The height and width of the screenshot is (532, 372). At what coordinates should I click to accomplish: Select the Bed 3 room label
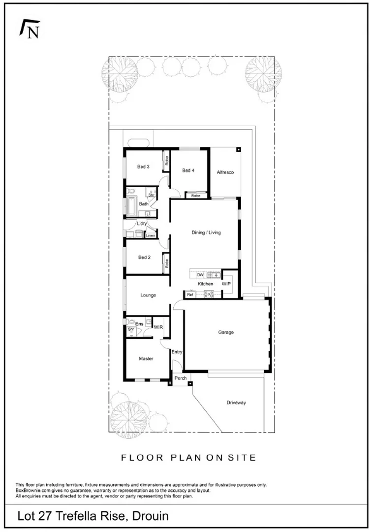tap(143, 167)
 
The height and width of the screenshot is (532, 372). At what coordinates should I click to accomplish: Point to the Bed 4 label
tap(188, 170)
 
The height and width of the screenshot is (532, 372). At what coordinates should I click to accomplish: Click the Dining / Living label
tap(206, 233)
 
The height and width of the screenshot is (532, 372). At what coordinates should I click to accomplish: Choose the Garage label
tap(226, 332)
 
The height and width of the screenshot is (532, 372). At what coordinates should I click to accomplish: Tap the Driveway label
tap(236, 402)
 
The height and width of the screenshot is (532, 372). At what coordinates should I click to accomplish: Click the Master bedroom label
tap(146, 359)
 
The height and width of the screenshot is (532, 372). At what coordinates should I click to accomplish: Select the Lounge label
tap(148, 295)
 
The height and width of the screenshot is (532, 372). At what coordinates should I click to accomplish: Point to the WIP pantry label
tap(226, 284)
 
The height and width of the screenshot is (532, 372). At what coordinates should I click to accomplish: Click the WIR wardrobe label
tap(158, 327)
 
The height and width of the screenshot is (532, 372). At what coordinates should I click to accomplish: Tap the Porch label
tap(181, 378)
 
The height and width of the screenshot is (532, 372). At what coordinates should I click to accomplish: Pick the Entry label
tap(177, 352)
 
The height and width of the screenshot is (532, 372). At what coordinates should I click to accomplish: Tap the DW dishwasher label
tap(200, 275)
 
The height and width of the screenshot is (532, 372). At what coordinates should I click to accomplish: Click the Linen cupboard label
tap(150, 236)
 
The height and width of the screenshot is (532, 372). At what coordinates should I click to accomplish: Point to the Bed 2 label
tap(144, 257)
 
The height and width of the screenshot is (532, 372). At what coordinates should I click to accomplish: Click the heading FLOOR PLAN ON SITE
tap(188, 458)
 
